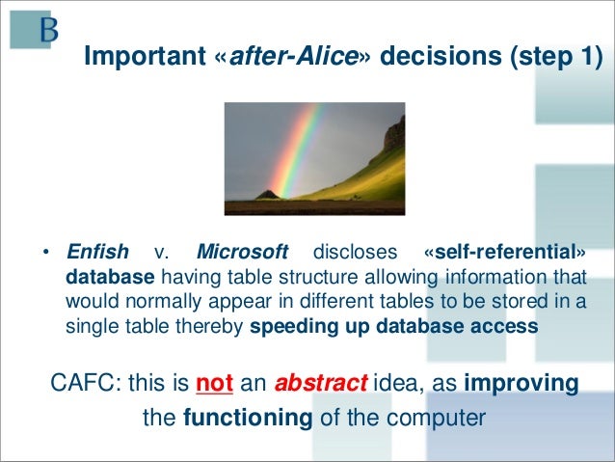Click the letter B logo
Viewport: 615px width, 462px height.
point(49,30)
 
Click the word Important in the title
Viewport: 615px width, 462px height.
point(145,56)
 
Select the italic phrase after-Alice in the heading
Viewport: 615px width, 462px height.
point(293,56)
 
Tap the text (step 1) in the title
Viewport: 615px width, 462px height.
point(556,57)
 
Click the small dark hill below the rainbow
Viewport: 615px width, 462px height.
point(267,194)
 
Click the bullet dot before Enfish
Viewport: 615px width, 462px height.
point(46,252)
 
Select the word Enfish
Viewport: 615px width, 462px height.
point(97,252)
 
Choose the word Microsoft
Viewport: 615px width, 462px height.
point(242,252)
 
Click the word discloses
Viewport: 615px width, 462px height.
point(355,252)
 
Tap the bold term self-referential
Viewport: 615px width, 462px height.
point(505,252)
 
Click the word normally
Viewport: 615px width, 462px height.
point(165,302)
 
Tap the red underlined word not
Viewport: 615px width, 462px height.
point(214,383)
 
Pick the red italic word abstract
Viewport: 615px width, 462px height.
point(321,383)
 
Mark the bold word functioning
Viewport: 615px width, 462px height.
point(248,418)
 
